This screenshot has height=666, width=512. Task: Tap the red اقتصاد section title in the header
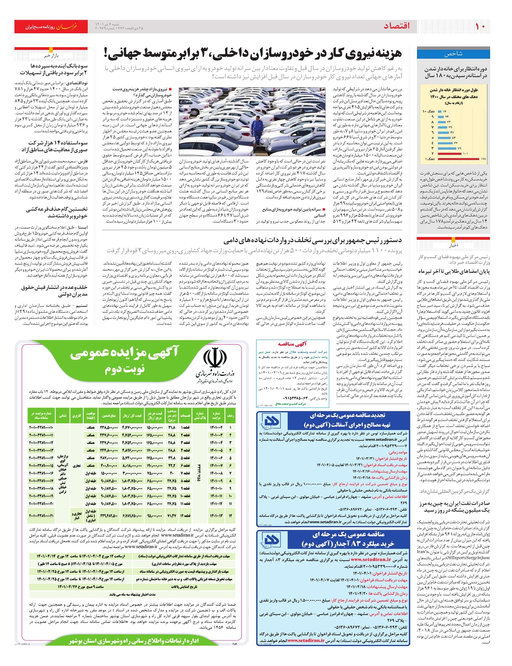pos(396,26)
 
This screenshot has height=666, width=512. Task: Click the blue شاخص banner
pos(453,54)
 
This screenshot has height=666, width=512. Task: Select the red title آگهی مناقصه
pos(292,344)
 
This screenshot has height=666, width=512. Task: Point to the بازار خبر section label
pos(51,56)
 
